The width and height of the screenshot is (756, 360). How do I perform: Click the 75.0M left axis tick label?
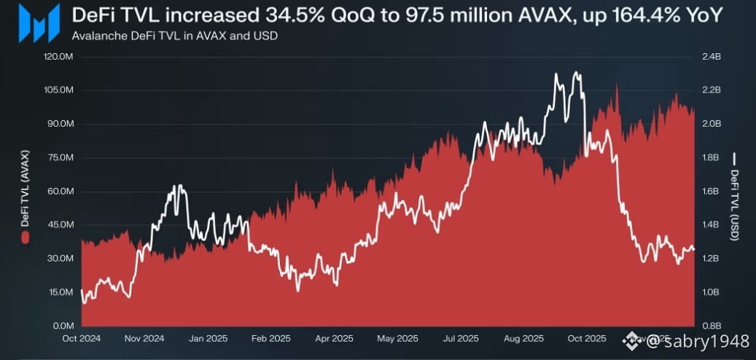click(60, 157)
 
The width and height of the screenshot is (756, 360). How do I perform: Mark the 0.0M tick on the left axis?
click(62, 326)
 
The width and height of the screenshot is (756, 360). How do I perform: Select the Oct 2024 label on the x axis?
click(81, 339)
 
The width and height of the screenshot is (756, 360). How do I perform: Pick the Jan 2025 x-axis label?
click(207, 339)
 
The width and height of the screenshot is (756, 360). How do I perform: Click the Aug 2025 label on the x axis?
click(523, 339)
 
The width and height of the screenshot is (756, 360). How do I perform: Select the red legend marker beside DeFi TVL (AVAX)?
click(25, 238)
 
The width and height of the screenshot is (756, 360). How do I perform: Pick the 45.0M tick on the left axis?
click(60, 224)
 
